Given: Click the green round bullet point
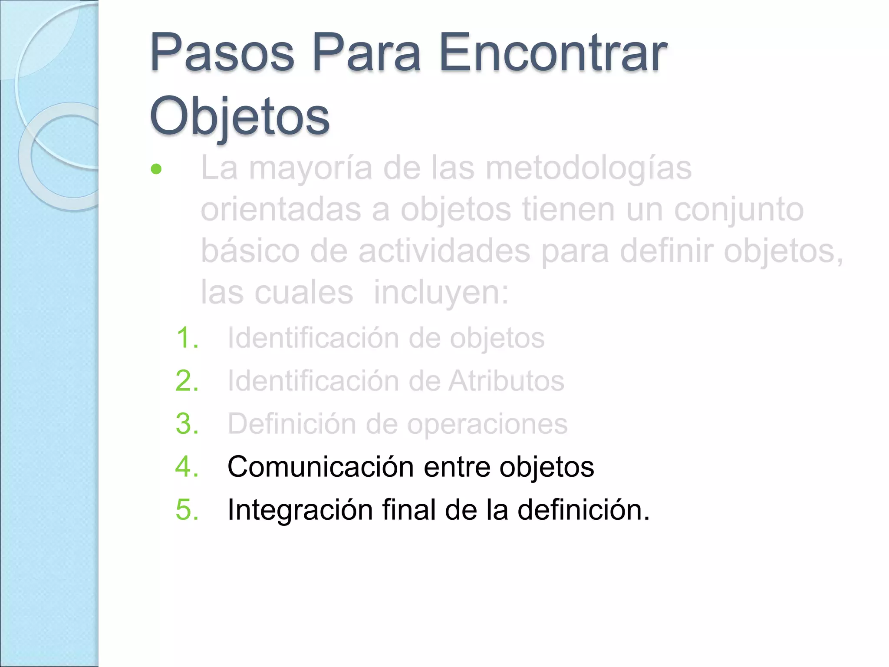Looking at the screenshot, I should [156, 169].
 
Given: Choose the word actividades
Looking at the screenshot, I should [444, 251].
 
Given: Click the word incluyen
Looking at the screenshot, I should [441, 293].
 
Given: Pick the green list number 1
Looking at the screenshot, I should [187, 338].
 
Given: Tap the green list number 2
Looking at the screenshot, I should [187, 381].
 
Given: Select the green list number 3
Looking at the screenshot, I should [187, 424].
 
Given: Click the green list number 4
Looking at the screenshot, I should [187, 467].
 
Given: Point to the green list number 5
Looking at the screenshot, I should [187, 509].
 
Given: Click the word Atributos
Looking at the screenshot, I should [506, 381].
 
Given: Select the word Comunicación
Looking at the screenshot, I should [320, 467].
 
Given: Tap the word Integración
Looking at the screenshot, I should [300, 510].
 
